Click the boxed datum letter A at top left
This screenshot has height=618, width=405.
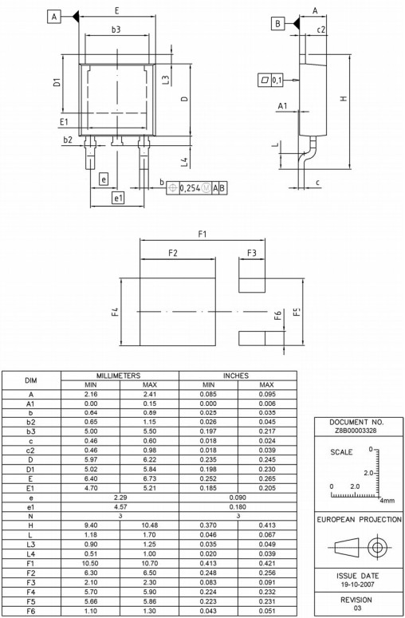(x=54, y=16)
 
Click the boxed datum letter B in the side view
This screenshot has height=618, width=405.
(x=278, y=24)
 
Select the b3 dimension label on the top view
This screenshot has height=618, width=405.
(x=116, y=29)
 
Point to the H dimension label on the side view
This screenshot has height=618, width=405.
(x=343, y=99)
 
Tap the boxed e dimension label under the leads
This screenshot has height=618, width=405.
(x=103, y=179)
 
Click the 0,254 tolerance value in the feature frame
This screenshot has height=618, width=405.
(x=189, y=187)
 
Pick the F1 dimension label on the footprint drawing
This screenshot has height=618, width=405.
(x=202, y=234)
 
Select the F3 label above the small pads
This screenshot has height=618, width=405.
(x=251, y=253)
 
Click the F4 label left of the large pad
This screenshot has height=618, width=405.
(x=116, y=311)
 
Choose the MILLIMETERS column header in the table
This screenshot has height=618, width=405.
(x=119, y=375)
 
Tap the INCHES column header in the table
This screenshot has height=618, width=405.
(x=236, y=375)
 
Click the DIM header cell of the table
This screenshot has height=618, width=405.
(x=31, y=380)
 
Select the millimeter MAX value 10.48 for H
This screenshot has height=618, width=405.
(x=149, y=525)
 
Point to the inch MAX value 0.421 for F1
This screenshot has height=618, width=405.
(x=266, y=562)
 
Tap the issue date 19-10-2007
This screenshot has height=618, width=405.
(x=356, y=584)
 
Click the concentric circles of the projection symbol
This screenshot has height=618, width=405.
(x=376, y=549)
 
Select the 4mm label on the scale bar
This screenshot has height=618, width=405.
(x=387, y=501)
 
